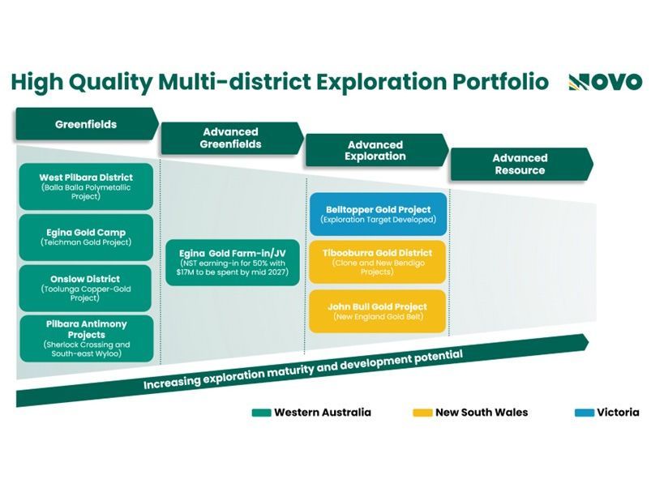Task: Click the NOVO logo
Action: (606, 82)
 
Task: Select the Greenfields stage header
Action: (88, 124)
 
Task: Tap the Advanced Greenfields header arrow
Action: (233, 138)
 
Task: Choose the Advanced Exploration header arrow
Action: (377, 150)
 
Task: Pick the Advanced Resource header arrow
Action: (522, 164)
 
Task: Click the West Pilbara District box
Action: (86, 186)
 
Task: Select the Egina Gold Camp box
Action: (86, 238)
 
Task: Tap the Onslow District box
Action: (85, 288)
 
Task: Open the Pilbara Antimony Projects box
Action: (87, 338)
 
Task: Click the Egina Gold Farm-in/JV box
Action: (233, 263)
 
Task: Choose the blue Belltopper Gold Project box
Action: (379, 214)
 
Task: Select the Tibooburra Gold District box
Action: (378, 262)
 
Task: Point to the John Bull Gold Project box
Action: (378, 311)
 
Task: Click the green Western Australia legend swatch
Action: (262, 413)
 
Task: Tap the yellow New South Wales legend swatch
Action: (422, 413)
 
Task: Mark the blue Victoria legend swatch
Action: (585, 413)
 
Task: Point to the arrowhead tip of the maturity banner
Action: (589, 343)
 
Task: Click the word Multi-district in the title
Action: (234, 82)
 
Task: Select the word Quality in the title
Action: (110, 83)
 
